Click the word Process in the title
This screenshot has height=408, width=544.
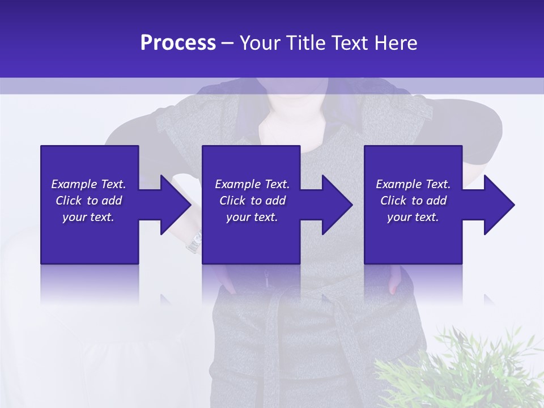(x=178, y=43)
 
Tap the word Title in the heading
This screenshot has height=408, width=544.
(x=307, y=43)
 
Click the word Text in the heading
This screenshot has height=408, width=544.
(x=351, y=43)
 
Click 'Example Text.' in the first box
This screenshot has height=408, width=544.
(x=88, y=184)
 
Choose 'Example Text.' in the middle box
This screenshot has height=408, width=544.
(x=252, y=184)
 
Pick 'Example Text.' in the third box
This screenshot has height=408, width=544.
(x=413, y=184)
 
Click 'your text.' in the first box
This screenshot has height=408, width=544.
(x=88, y=217)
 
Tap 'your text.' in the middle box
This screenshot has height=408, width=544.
(x=252, y=217)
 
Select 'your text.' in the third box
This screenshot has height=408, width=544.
(x=413, y=217)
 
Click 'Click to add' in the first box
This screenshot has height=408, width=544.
(x=88, y=201)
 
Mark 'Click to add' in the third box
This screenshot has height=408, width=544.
(x=413, y=201)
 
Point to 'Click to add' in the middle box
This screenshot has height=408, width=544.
(x=252, y=201)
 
